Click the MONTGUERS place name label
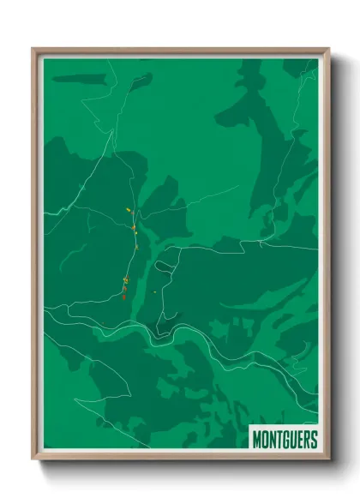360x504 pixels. [285, 439]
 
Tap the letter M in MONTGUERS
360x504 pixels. [257, 440]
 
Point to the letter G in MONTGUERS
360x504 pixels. [285, 440]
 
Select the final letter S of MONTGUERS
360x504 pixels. [313, 440]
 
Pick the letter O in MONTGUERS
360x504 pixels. [265, 440]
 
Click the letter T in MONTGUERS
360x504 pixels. [279, 440]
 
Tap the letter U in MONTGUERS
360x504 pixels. [292, 440]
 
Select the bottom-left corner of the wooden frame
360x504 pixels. [33, 459]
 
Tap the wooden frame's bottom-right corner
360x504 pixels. [328, 459]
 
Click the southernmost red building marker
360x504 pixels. [124, 297]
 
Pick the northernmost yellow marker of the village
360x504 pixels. [128, 209]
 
